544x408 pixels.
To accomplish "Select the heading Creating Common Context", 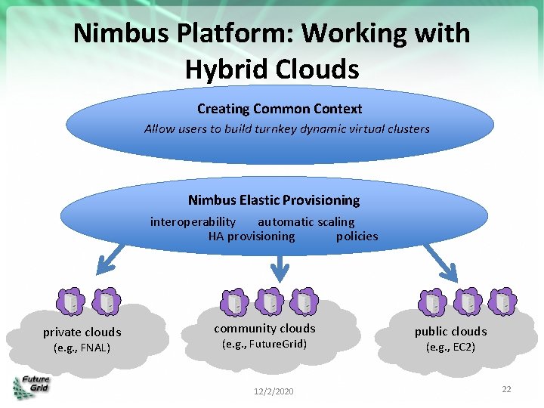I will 280,109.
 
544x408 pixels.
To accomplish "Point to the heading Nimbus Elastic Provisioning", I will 274,200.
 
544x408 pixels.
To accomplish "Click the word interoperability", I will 193,221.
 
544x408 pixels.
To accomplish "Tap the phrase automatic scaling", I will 306,221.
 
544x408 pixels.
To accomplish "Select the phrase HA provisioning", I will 252,236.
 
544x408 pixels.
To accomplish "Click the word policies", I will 357,236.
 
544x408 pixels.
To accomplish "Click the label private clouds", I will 82,332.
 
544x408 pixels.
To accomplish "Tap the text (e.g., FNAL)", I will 82,348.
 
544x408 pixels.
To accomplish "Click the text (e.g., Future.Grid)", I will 264,345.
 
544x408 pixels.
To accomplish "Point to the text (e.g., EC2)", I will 450,348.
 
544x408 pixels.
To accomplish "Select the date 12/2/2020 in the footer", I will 273,391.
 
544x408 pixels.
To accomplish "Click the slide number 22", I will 506,388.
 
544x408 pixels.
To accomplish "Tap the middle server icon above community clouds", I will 270,302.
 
